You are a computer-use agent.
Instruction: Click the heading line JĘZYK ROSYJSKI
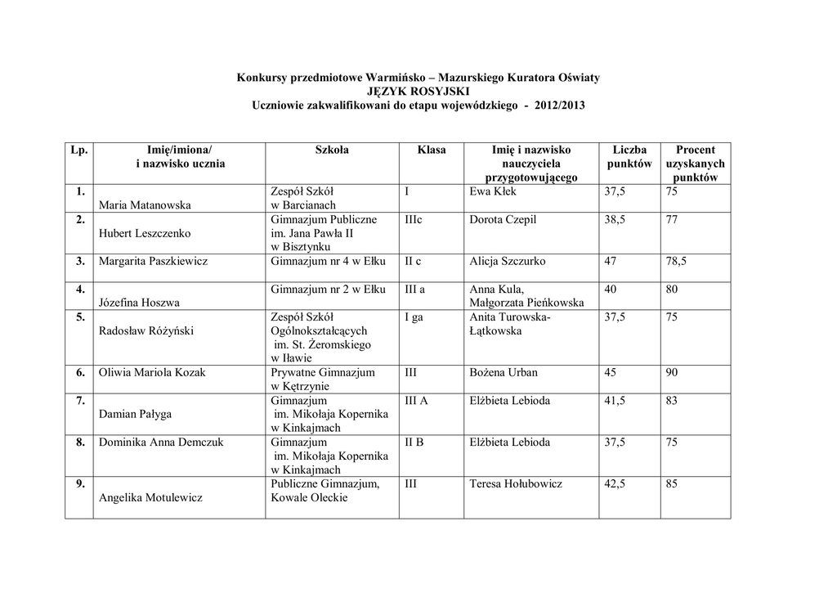418,92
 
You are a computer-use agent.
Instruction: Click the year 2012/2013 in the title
559,106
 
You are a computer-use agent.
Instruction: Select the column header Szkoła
332,150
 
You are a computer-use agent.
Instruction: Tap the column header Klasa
431,150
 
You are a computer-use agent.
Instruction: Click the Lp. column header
80,150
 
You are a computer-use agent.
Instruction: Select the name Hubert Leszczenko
145,233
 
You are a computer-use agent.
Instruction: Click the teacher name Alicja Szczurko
507,262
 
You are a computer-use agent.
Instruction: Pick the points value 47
611,262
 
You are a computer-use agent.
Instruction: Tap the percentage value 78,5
676,262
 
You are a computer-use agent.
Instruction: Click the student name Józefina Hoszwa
139,303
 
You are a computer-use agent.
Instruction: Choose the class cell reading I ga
414,317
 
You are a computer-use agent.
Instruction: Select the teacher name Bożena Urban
504,373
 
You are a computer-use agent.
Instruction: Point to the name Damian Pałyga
136,415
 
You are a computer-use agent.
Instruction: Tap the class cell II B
414,443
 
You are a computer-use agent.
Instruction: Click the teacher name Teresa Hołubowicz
516,484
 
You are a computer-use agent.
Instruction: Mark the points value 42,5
615,484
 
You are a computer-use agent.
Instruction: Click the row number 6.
81,373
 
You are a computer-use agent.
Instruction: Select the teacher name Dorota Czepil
504,220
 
